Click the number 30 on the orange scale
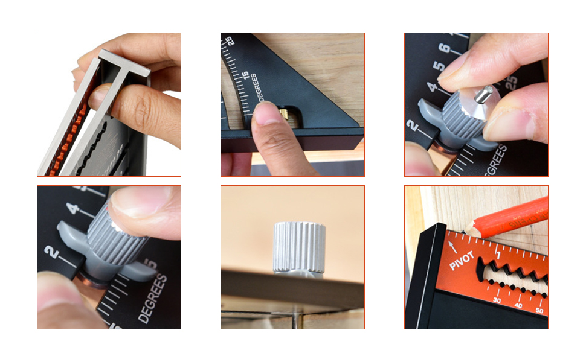point(497,299)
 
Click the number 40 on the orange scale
point(518,306)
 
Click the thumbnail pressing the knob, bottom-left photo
point(135,202)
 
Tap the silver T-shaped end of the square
point(124,62)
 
